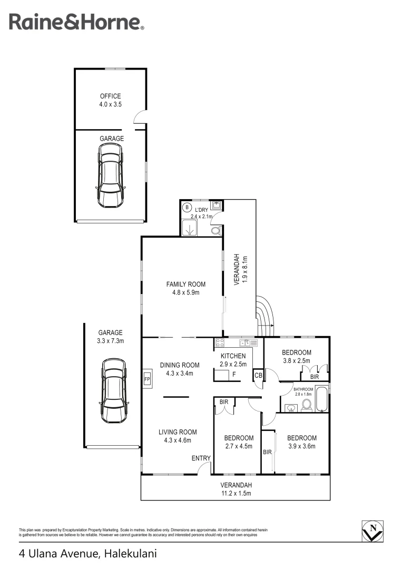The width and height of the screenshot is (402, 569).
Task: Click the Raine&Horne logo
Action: pyautogui.click(x=76, y=22)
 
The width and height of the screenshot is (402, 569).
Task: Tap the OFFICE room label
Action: pyautogui.click(x=111, y=96)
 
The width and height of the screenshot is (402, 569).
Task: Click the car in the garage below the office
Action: pyautogui.click(x=110, y=175)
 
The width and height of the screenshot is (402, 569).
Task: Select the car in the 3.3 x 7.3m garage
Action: pyautogui.click(x=114, y=390)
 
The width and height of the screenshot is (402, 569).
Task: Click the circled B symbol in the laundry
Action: pyautogui.click(x=187, y=208)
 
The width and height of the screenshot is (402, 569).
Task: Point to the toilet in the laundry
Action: pyautogui.click(x=215, y=230)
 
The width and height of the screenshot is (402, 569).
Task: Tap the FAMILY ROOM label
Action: pyautogui.click(x=182, y=284)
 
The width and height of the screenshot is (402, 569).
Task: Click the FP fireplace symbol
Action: pyautogui.click(x=147, y=379)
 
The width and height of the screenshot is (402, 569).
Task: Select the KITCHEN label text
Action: pyautogui.click(x=233, y=356)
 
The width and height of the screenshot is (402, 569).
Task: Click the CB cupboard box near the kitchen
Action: pyautogui.click(x=258, y=375)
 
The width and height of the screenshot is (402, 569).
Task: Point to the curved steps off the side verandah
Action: pyautogui.click(x=265, y=316)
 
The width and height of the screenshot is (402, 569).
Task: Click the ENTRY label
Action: pyautogui.click(x=201, y=458)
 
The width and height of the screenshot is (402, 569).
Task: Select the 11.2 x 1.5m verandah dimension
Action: pyautogui.click(x=236, y=494)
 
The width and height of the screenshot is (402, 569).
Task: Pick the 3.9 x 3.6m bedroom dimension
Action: pyautogui.click(x=301, y=446)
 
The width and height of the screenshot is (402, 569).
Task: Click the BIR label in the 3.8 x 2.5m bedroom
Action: pyautogui.click(x=315, y=377)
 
